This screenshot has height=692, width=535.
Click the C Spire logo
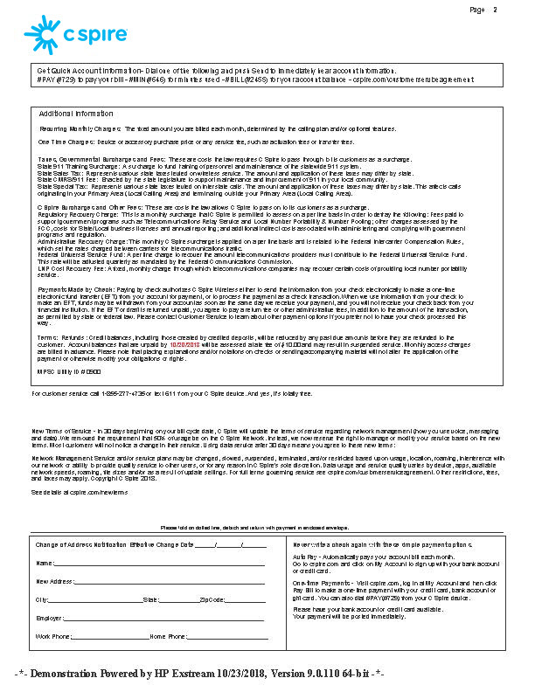[x=77, y=36]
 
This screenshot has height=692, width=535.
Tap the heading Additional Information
[x=76, y=114]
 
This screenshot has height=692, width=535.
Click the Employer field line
[x=165, y=619]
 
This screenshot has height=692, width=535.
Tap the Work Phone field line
[x=111, y=638]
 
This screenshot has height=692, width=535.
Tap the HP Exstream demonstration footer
[x=199, y=675]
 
